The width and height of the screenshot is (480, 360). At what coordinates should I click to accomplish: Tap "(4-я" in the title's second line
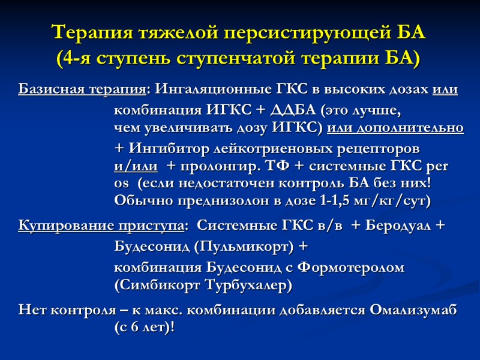(75, 59)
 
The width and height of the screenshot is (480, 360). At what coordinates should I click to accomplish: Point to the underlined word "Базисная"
(50, 90)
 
